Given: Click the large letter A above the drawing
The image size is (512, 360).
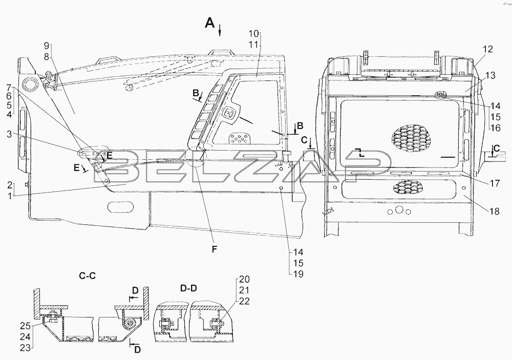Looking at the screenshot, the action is tap(209, 23).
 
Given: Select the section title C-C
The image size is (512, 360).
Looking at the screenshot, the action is tap(88, 276).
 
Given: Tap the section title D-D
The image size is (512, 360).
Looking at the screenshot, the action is tap(188, 288).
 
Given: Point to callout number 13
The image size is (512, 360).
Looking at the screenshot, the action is tap(490, 75).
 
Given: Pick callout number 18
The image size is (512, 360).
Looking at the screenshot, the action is tap(495, 211).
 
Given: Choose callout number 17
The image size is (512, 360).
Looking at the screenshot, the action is tap(495, 183).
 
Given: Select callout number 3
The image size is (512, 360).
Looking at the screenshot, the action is tap(9, 134).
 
